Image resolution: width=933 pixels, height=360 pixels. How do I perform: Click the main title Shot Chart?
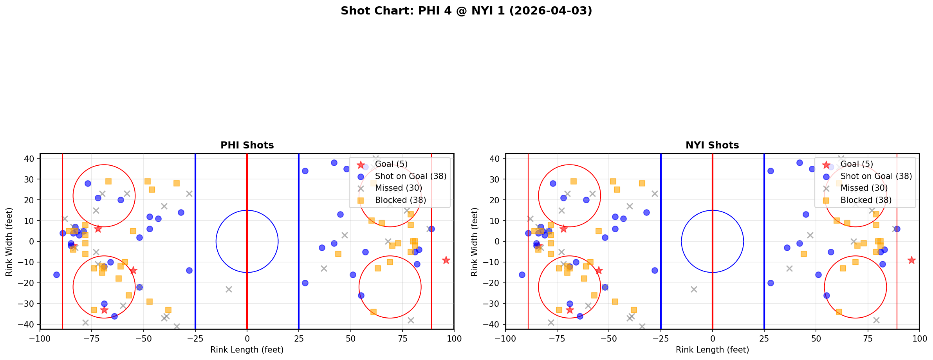point(466,11)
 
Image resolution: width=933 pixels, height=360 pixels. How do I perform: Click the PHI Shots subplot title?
point(247,145)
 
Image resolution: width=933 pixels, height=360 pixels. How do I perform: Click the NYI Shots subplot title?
point(712,145)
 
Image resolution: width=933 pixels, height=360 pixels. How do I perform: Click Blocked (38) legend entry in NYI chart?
point(866,200)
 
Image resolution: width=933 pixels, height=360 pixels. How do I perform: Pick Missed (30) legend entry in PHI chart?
point(398,188)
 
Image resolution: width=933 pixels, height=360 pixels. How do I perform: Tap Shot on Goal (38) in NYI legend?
point(876,176)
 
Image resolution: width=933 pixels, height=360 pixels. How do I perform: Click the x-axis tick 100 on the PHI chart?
point(454,338)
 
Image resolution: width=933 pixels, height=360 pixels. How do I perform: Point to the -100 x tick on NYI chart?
point(505,338)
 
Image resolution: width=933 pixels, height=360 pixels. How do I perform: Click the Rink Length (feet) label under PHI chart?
point(247,350)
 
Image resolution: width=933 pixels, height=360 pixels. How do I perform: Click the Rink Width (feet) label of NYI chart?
point(474,242)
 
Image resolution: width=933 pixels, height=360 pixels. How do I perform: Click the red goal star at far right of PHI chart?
point(446,260)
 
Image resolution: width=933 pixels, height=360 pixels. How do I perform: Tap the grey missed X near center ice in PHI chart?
point(229,289)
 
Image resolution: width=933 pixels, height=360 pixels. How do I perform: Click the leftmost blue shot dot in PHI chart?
point(56,275)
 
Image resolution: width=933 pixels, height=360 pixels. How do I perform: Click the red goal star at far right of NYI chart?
point(911,260)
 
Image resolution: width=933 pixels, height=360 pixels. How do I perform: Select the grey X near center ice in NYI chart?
point(694,289)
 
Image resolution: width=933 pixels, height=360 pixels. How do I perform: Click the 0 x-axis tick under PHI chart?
point(247,338)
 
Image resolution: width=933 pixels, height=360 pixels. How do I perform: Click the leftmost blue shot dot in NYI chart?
point(522,275)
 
